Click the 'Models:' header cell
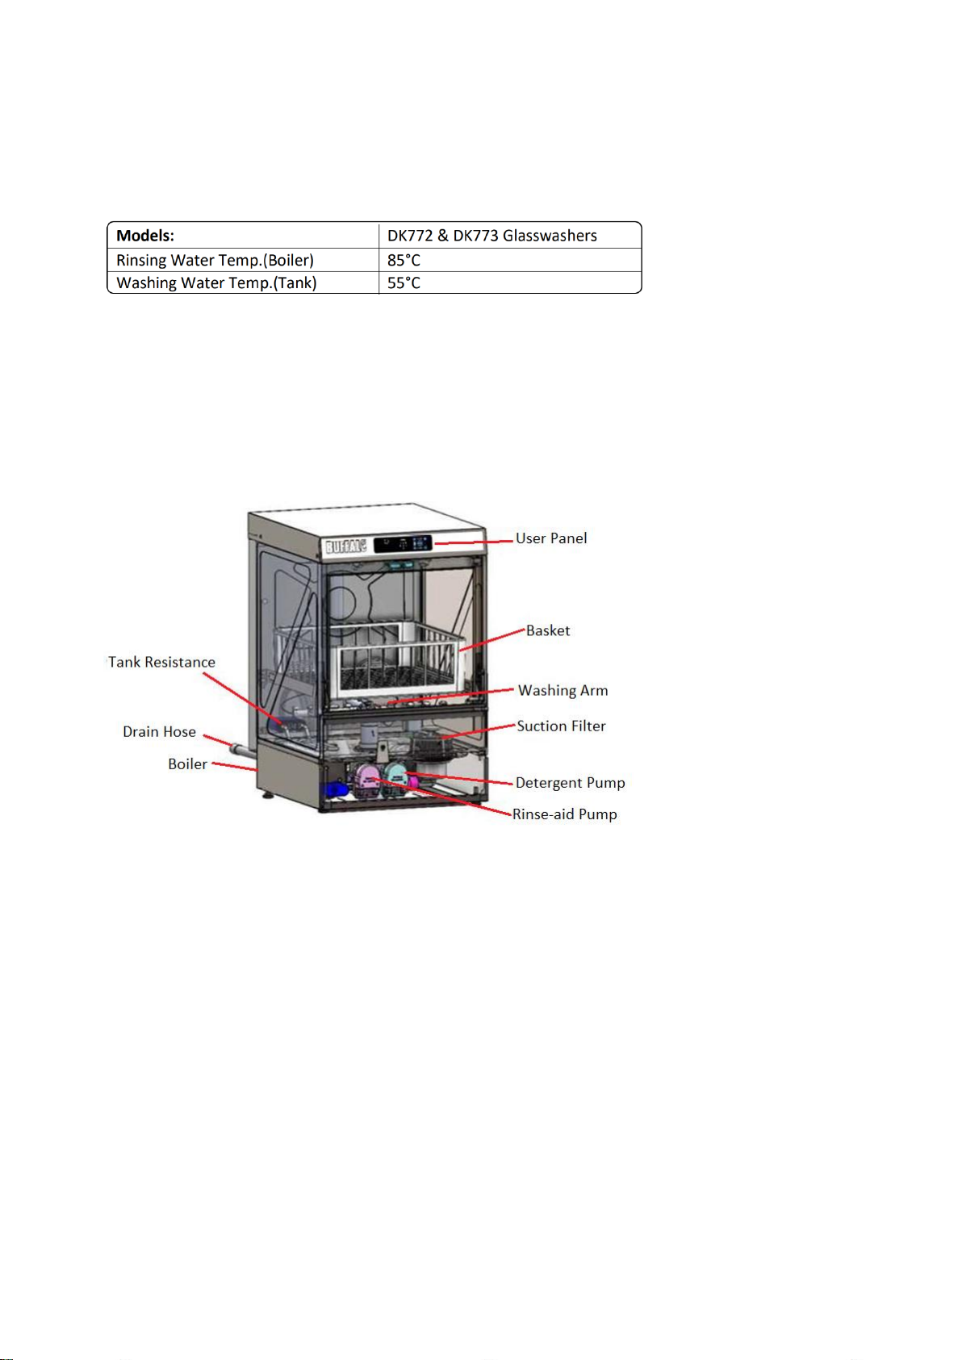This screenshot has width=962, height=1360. pyautogui.click(x=145, y=236)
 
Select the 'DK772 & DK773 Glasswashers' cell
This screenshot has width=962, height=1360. pyautogui.click(x=492, y=236)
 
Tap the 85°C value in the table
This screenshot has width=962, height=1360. pyautogui.click(x=404, y=260)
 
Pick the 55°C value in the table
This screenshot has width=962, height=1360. pyautogui.click(x=404, y=282)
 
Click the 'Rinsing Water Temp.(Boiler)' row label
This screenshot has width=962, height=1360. pyautogui.click(x=215, y=260)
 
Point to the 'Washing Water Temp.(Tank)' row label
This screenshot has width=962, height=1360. pyautogui.click(x=216, y=282)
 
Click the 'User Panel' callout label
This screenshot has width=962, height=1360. pyautogui.click(x=551, y=538)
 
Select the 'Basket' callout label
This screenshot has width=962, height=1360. pyautogui.click(x=548, y=630)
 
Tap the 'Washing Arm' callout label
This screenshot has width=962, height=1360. pyautogui.click(x=563, y=690)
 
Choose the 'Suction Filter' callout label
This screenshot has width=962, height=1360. pyautogui.click(x=561, y=726)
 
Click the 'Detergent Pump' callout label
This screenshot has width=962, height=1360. pyautogui.click(x=570, y=782)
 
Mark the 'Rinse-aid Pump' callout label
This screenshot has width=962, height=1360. pyautogui.click(x=564, y=814)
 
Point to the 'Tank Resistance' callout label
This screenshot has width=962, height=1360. pyautogui.click(x=162, y=662)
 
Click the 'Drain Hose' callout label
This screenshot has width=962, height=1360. pyautogui.click(x=159, y=731)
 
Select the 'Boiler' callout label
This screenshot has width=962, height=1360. pyautogui.click(x=187, y=764)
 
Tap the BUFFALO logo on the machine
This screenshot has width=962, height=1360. pyautogui.click(x=345, y=546)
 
